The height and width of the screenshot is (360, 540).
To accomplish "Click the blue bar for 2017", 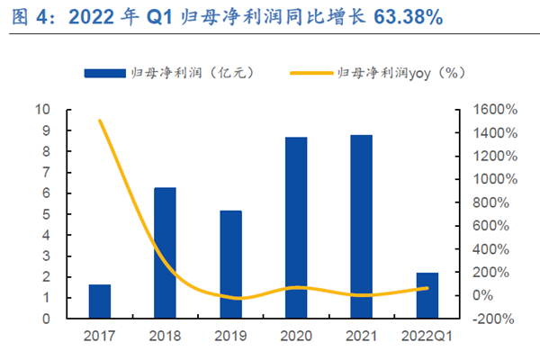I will (100, 301).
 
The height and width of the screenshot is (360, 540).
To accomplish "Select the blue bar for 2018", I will (165, 253).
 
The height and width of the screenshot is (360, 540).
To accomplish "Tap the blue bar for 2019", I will (230, 265).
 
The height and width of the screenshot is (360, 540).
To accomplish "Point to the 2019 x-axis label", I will (230, 336).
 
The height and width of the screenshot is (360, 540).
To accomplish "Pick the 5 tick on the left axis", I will (45, 214).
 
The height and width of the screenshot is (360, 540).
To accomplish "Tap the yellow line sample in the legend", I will (310, 73).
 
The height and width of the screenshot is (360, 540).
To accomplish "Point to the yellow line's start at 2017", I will (100, 121).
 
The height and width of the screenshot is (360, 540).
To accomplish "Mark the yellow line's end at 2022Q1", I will (427, 288).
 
